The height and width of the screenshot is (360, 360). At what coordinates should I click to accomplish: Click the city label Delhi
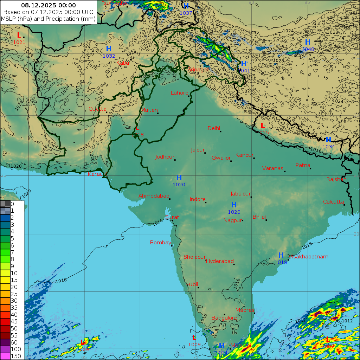[213, 128]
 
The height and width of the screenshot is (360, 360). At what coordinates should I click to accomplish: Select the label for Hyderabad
[220, 261]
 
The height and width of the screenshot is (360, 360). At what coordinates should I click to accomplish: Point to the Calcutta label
[333, 202]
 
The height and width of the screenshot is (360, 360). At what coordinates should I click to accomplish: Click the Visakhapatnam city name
[308, 257]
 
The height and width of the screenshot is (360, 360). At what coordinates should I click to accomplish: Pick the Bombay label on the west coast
[160, 243]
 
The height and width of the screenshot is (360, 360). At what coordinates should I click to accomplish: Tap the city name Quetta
[97, 109]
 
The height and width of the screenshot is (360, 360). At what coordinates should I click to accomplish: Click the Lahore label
[179, 93]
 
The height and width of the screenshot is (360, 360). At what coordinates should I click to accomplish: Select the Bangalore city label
[224, 318]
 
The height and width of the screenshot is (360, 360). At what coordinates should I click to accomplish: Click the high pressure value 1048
[308, 49]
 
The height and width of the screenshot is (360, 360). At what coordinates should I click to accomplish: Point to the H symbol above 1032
[109, 49]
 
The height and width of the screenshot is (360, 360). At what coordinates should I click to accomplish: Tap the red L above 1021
[19, 35]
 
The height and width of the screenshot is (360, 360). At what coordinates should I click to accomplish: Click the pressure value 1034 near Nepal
[329, 147]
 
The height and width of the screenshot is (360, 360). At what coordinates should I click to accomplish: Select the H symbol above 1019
[281, 255]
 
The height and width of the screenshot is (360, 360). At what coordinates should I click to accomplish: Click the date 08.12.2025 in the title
[48, 5]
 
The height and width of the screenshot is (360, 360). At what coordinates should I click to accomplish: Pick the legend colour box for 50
[5, 328]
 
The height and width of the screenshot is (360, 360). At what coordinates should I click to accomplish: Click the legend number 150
[16, 356]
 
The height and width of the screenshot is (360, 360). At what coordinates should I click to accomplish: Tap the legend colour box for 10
[5, 273]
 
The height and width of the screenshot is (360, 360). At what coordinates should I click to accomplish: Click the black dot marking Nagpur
[242, 220]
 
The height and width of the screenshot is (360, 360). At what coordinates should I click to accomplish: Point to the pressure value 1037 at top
[186, 13]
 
